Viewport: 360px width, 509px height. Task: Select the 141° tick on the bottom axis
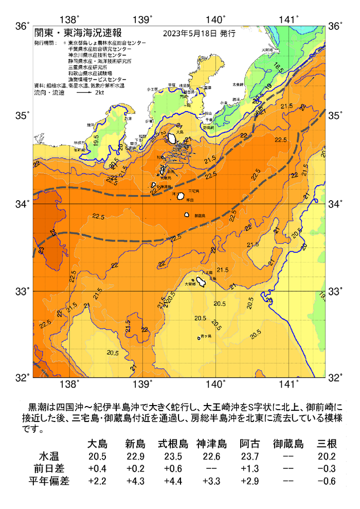click(289, 384)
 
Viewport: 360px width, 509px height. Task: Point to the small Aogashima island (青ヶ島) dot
click(199, 338)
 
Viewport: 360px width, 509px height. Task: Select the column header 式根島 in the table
click(172, 444)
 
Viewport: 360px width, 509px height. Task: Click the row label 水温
click(51, 457)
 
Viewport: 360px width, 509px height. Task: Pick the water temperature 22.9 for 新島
click(134, 457)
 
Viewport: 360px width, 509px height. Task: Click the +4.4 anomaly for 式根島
click(172, 482)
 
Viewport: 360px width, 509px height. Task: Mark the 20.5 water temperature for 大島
click(96, 457)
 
